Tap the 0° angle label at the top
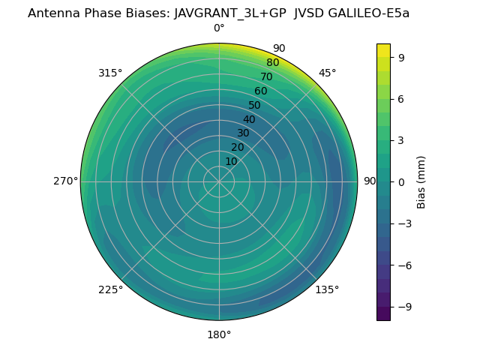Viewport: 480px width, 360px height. [219, 28]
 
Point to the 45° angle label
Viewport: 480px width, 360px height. [327, 73]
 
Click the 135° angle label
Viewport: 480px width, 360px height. [327, 289]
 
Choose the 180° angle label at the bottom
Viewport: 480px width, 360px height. [219, 334]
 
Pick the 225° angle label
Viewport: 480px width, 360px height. [110, 289]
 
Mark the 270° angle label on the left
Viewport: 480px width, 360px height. [65, 181]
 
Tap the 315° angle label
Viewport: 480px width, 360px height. [110, 73]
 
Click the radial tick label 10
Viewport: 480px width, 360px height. [231, 161]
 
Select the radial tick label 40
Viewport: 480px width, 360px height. [249, 119]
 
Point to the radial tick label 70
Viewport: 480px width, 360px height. [266, 76]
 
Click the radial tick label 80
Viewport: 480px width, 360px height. [272, 63]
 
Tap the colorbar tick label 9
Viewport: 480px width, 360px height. [400, 57]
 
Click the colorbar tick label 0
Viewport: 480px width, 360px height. [400, 181]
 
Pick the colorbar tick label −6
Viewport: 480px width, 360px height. [403, 265]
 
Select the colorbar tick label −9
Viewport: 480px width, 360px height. [403, 307]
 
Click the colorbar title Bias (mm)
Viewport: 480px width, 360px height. [421, 181]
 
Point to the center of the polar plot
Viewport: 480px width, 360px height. [219, 181]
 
